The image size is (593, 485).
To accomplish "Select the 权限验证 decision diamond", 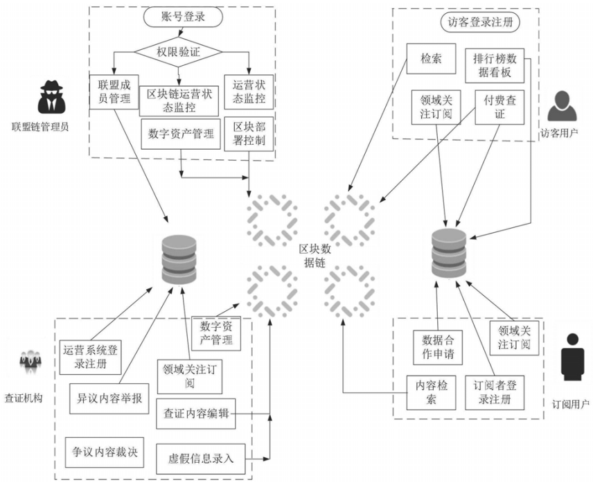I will tap(178, 51).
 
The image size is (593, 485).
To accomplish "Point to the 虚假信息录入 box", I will tap(201, 458).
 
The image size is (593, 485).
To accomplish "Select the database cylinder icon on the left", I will tap(177, 261).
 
